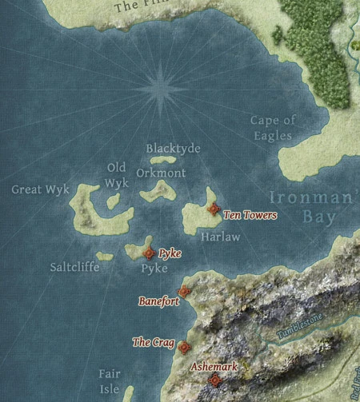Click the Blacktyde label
pyautogui.click(x=173, y=149)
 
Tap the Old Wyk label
pyautogui.click(x=117, y=174)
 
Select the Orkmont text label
pyautogui.click(x=161, y=173)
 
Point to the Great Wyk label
pyautogui.click(x=38, y=189)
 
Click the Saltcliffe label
pyautogui.click(x=74, y=267)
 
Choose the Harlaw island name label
pyautogui.click(x=220, y=237)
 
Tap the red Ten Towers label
pyautogui.click(x=250, y=215)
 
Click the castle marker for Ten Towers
pyautogui.click(x=213, y=209)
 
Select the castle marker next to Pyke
pyautogui.click(x=149, y=253)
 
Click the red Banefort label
pyautogui.click(x=158, y=302)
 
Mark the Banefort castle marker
pyautogui.click(x=183, y=292)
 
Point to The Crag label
pyautogui.click(x=153, y=343)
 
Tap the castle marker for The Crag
pyautogui.click(x=184, y=347)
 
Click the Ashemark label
pyautogui.click(x=214, y=367)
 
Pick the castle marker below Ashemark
pyautogui.click(x=214, y=380)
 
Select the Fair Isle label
pyautogui.click(x=110, y=381)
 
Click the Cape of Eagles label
pyautogui.click(x=273, y=128)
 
